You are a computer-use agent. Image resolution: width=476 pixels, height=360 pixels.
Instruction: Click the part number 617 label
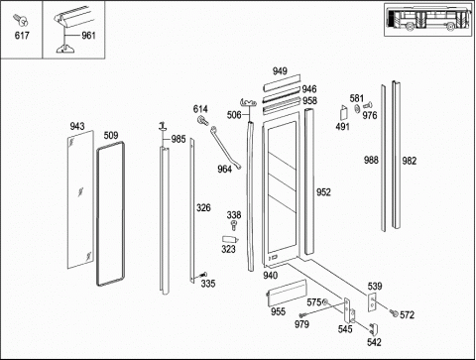(x=22, y=36)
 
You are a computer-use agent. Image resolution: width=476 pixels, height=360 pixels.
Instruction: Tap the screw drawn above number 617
(x=21, y=20)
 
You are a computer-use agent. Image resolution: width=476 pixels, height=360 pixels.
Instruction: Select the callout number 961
(x=88, y=36)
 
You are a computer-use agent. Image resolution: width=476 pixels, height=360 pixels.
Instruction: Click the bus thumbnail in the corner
(x=428, y=19)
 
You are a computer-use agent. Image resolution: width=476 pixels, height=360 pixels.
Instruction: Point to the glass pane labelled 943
(x=80, y=199)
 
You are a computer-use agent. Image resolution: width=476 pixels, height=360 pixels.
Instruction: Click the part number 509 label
(x=111, y=136)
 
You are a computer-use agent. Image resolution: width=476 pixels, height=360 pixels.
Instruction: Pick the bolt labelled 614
(x=202, y=120)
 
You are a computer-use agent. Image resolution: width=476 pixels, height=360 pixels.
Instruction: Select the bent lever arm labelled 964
(x=225, y=147)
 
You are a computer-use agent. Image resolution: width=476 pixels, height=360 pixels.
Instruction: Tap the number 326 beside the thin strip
(x=203, y=208)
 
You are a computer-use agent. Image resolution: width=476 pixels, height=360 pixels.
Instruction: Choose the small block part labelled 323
(x=230, y=239)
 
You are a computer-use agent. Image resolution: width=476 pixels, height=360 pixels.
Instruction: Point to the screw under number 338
(x=234, y=226)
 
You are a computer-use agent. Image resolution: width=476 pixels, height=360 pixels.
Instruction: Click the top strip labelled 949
(x=282, y=82)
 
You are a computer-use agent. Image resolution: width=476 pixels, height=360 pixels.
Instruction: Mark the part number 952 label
(x=323, y=192)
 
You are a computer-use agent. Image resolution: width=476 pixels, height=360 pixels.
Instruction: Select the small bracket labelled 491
(x=344, y=113)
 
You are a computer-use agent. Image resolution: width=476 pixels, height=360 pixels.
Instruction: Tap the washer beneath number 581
(x=357, y=109)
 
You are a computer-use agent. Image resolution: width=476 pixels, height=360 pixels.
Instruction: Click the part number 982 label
(x=409, y=161)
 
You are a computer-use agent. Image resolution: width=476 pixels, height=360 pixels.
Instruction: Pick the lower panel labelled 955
(x=287, y=293)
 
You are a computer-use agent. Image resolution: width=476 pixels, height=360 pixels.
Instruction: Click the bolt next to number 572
(x=394, y=312)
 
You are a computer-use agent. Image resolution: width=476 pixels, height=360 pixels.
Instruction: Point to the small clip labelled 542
(x=374, y=329)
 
